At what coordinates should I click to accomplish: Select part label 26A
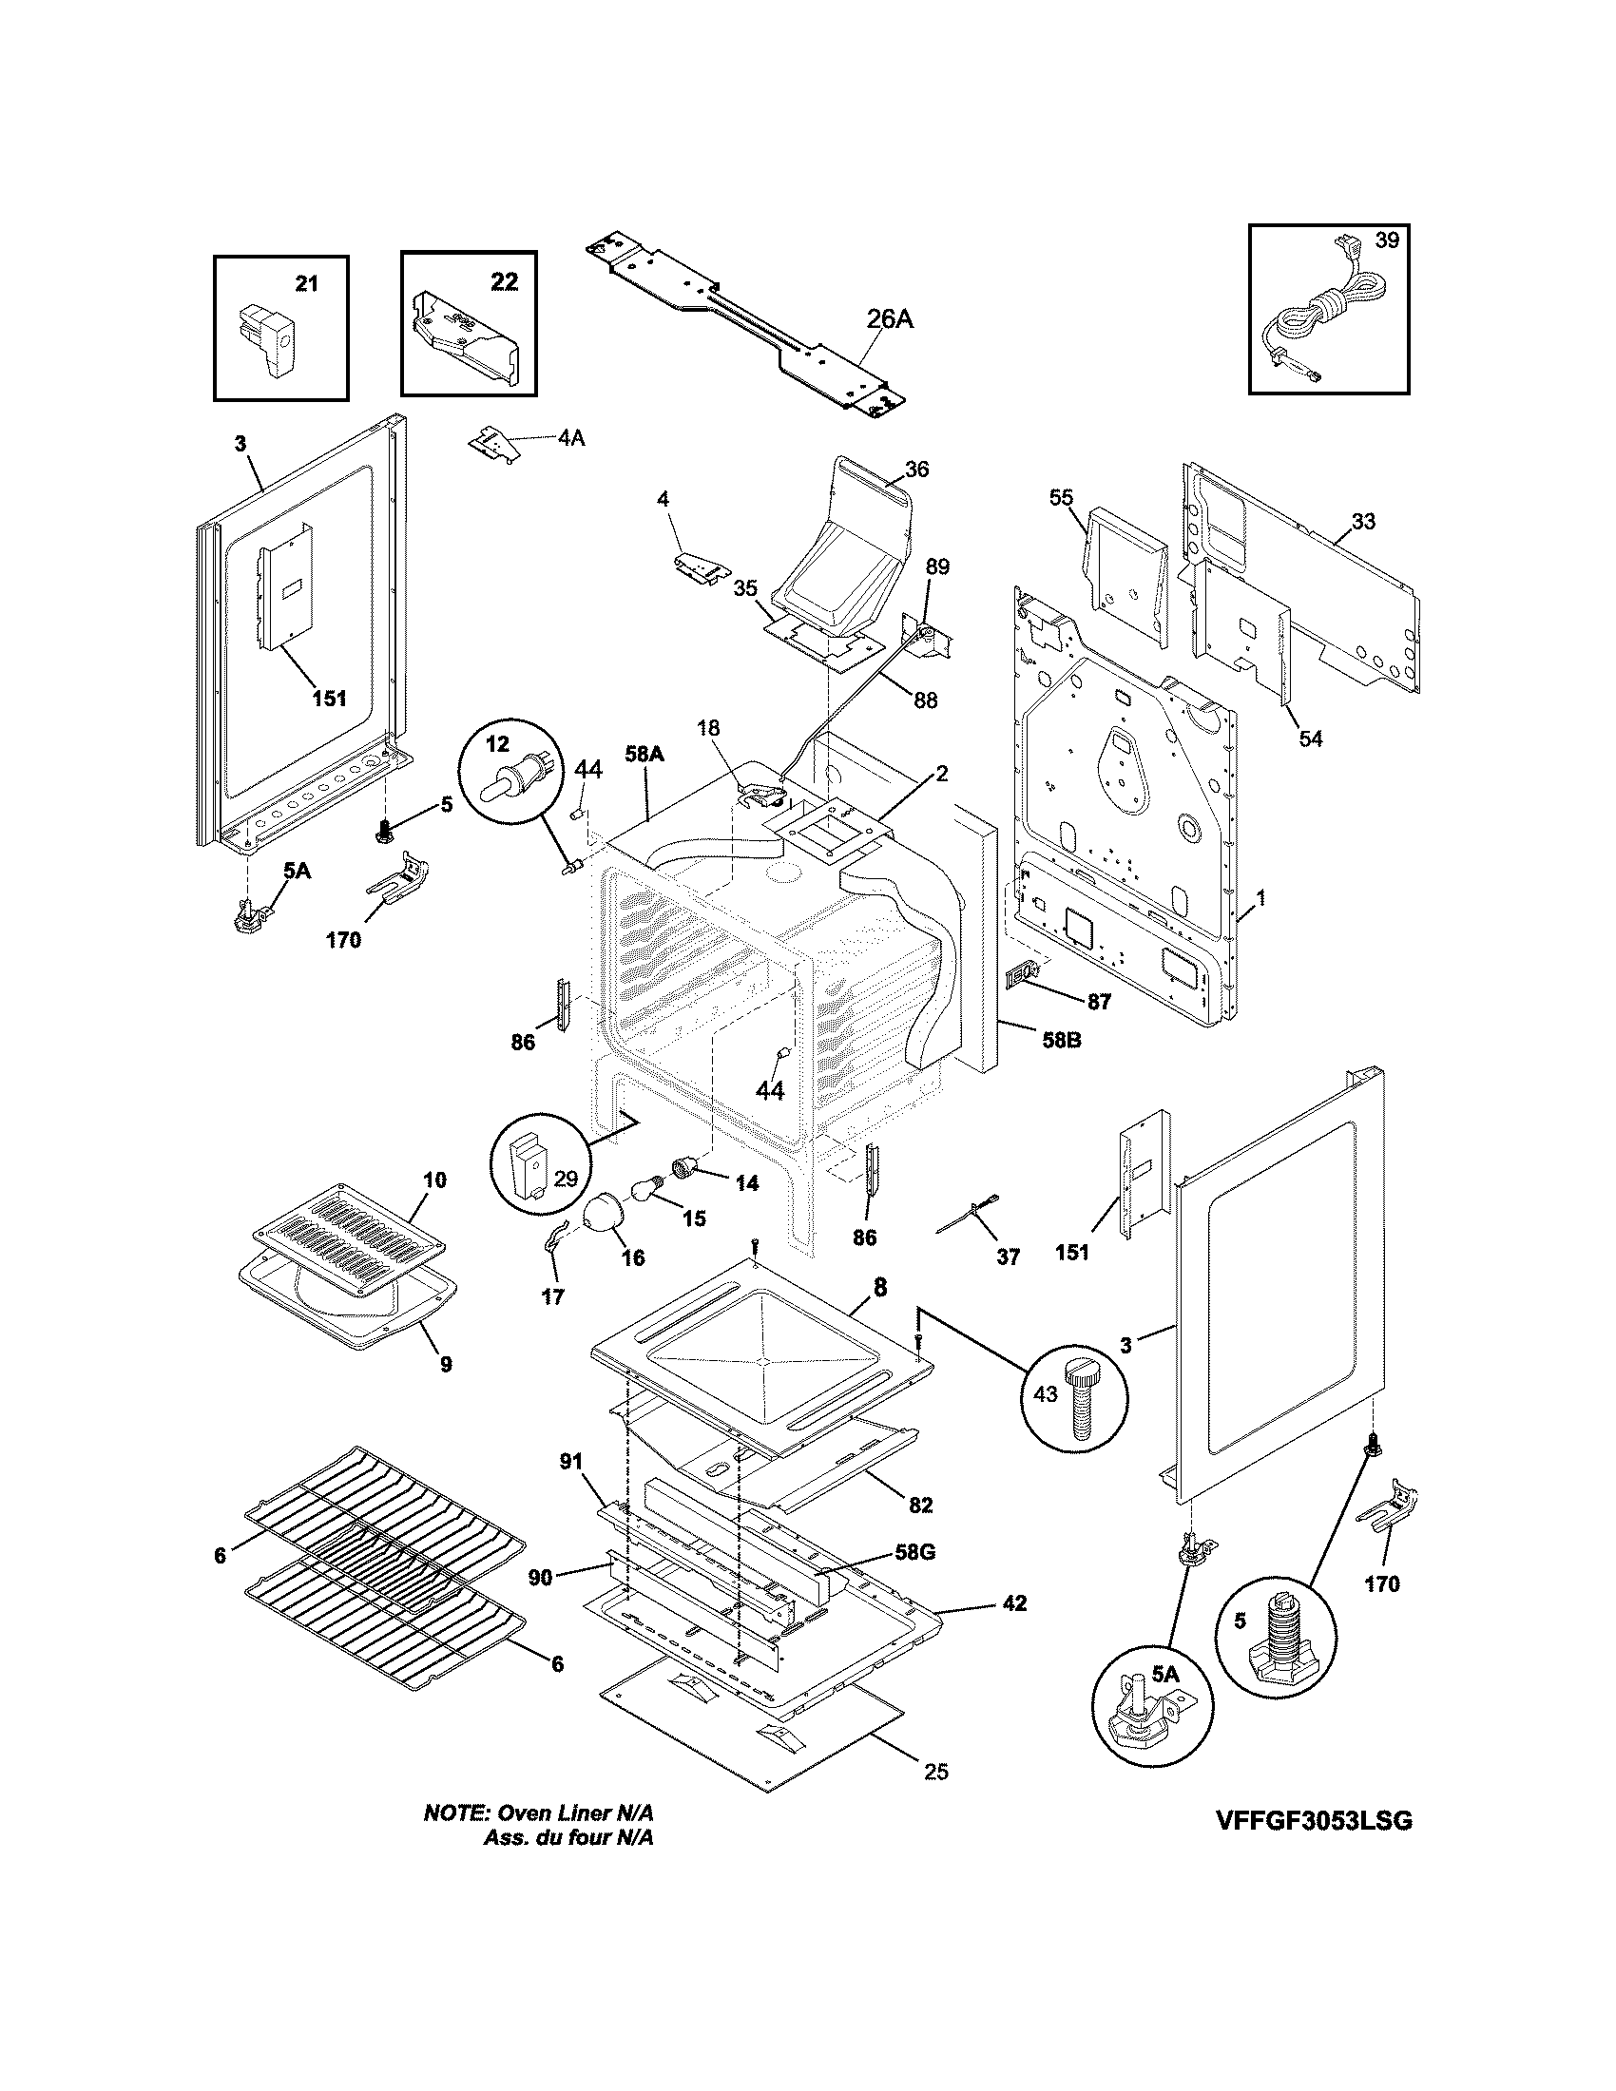tap(890, 319)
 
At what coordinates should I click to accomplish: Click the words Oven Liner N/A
tap(575, 1813)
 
